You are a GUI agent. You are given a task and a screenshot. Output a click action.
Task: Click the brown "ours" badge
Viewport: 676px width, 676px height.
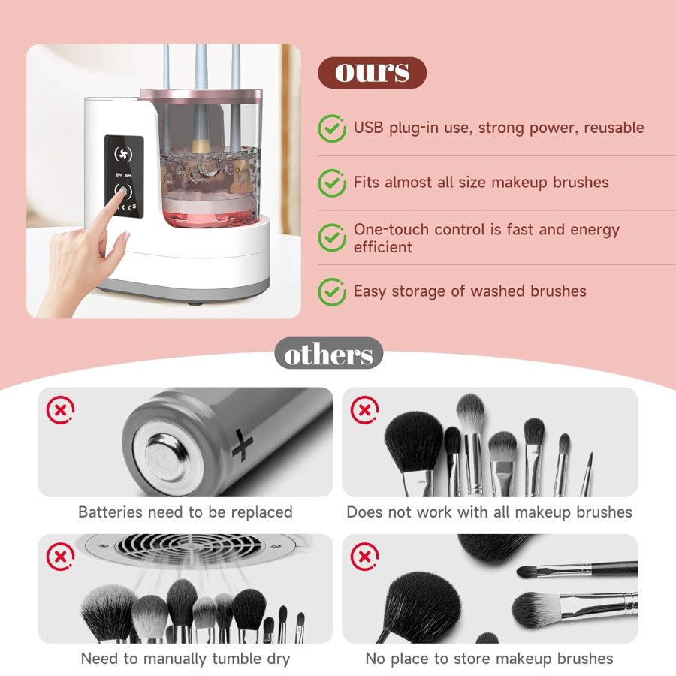coord(372,72)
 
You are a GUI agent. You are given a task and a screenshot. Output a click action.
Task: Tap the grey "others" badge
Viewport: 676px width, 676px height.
coord(328,354)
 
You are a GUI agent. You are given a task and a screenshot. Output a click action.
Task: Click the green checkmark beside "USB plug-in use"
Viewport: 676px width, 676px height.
coord(332,128)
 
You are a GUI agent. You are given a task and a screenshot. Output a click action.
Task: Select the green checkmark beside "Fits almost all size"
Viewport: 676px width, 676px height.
coord(332,182)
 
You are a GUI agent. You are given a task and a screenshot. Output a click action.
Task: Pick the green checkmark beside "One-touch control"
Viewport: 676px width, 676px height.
coord(332,237)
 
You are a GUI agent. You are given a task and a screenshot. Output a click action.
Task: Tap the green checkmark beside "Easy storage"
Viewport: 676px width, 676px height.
coord(332,291)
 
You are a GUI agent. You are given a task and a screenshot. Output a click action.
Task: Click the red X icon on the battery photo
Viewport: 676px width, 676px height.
coord(60,410)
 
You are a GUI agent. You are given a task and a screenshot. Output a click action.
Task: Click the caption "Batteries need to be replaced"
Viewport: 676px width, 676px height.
coord(186,512)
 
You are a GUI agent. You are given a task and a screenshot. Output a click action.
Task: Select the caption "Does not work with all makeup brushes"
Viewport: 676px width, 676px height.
coord(490,512)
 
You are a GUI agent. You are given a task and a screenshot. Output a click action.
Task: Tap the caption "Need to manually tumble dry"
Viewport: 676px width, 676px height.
coord(186,659)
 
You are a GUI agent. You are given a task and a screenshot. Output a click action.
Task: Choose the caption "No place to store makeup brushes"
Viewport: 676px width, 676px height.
coord(490,659)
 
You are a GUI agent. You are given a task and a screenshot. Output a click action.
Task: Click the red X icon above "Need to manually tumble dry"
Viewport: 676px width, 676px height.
coord(60,557)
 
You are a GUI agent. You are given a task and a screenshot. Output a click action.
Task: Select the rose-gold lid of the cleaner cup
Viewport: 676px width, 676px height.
coord(201,95)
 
